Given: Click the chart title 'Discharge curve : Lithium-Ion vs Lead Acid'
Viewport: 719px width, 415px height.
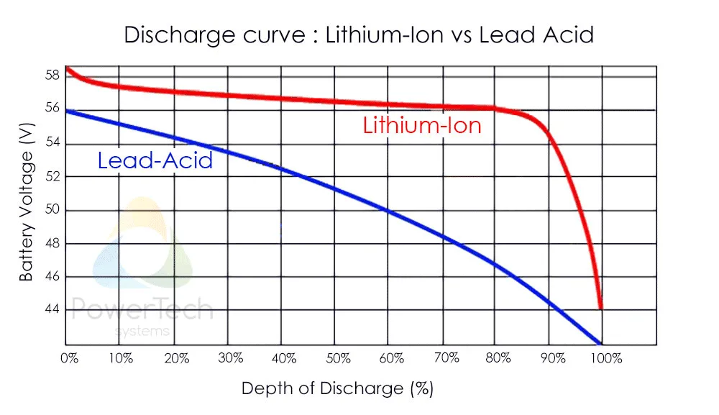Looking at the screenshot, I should pos(359,35).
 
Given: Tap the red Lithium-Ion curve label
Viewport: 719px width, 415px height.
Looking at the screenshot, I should pos(421,126).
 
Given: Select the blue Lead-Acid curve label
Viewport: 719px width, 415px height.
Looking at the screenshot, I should pos(155,160).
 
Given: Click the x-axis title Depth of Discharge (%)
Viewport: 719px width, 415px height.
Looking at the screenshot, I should pos(337,389).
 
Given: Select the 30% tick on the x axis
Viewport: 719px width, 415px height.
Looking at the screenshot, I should pos(229,358).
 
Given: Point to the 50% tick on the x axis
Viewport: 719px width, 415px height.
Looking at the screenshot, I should pos(337,358).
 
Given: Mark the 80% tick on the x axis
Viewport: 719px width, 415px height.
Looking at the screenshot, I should pos(498,358).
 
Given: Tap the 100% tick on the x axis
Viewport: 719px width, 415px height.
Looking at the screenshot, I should pos(608,358).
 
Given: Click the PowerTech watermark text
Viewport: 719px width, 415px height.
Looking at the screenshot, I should pos(143,310).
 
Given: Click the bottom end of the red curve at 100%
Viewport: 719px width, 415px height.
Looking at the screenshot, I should pos(600,308).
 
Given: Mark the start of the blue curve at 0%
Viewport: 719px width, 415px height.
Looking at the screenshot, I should pos(67,110).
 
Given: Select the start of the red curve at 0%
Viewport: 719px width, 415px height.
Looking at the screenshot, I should pos(67,68).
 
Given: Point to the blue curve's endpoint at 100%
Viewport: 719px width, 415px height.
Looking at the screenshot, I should pos(600,343).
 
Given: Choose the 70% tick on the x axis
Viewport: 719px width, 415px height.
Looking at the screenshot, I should pos(444,358).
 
